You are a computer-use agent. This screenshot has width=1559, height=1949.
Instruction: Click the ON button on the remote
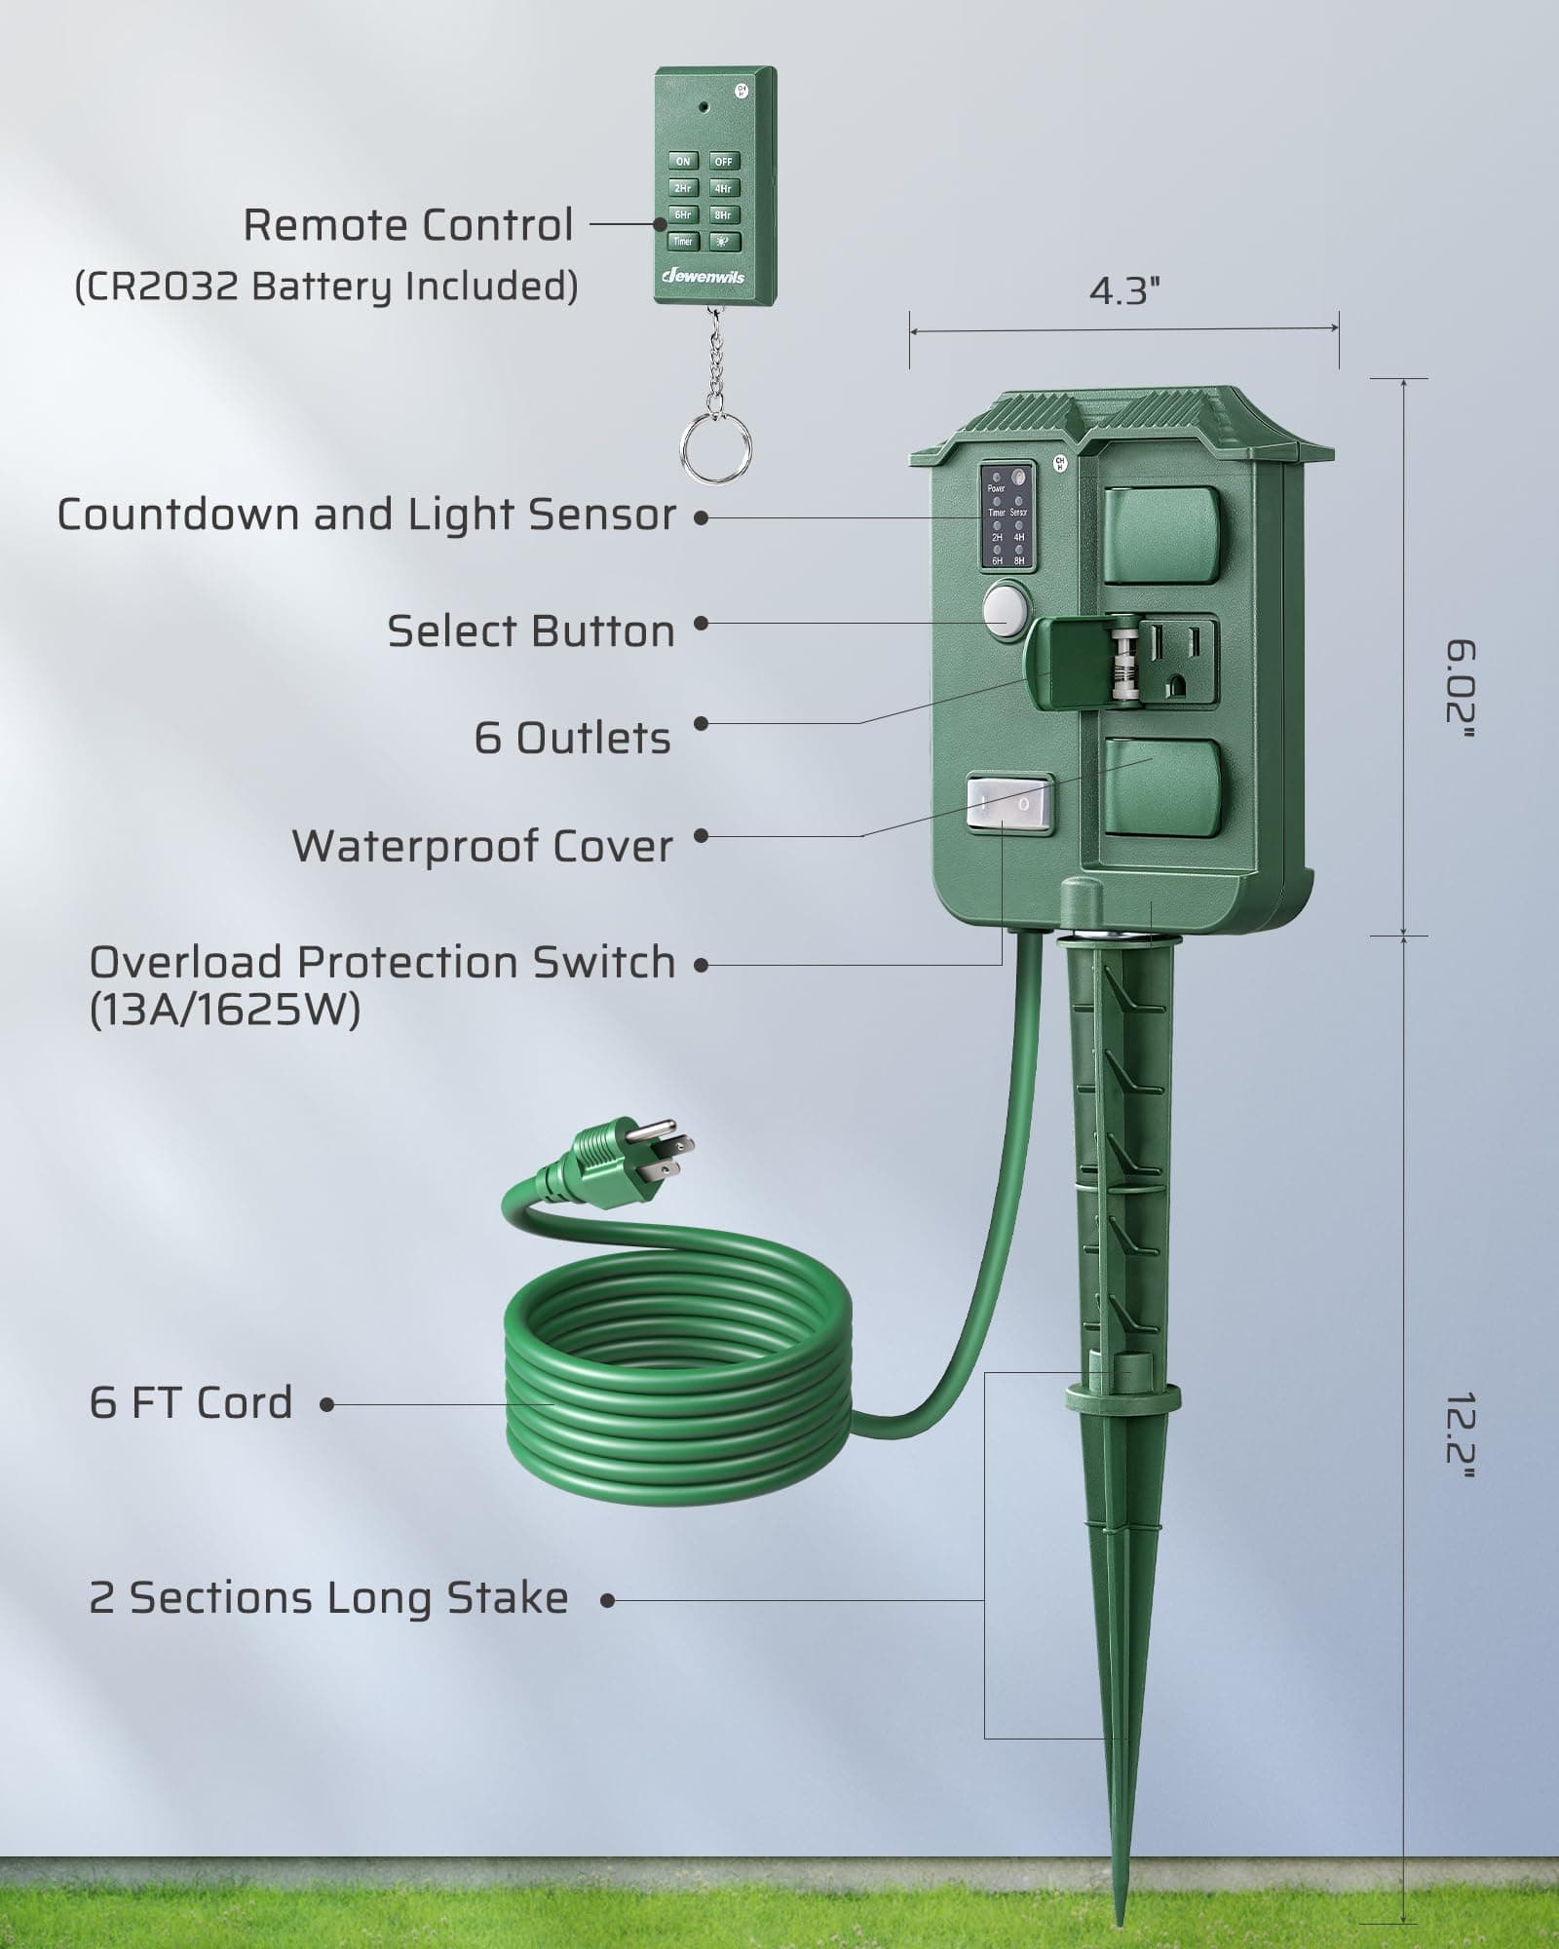point(683,162)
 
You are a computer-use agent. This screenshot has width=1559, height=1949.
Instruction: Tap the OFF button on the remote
point(724,162)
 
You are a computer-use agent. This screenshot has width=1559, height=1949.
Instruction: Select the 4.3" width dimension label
point(1123,290)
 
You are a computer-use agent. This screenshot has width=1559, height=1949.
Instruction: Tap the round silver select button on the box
point(1007,610)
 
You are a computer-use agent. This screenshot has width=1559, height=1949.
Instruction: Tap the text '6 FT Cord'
point(191,1403)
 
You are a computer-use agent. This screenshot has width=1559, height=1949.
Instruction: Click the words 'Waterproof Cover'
point(482,846)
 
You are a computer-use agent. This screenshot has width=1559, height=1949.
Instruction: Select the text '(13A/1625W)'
point(225,1011)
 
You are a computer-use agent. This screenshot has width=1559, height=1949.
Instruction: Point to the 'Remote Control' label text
point(408,225)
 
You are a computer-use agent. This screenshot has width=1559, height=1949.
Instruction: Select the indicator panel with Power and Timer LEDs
point(1007,516)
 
